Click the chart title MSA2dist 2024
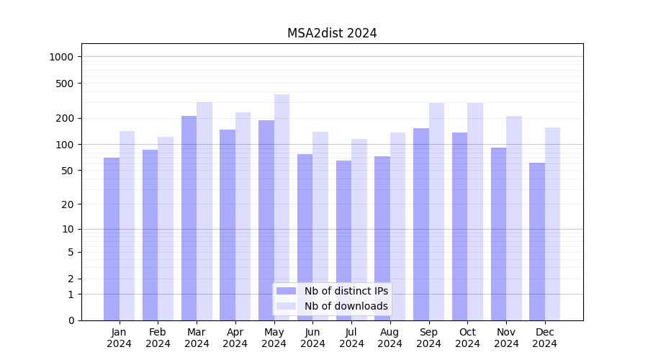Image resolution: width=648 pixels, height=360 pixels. click(x=332, y=33)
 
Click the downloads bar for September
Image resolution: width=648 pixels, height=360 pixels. click(x=436, y=212)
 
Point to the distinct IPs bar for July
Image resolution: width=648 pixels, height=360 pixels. click(x=343, y=240)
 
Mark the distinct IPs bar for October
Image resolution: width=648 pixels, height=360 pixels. click(x=459, y=226)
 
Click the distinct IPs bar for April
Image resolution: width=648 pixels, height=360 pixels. click(x=228, y=225)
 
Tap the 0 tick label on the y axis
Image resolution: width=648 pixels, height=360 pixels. click(x=71, y=320)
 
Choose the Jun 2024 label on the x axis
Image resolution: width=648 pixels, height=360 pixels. click(x=312, y=338)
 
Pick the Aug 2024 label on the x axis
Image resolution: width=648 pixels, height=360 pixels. click(x=390, y=338)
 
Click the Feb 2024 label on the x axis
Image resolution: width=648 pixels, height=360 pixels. click(x=158, y=338)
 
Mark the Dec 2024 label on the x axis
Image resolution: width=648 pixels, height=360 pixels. click(x=544, y=338)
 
